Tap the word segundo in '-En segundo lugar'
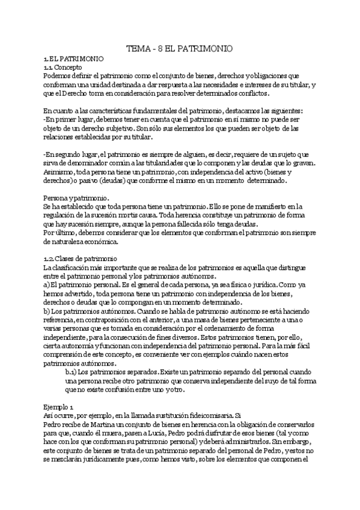(69, 155)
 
